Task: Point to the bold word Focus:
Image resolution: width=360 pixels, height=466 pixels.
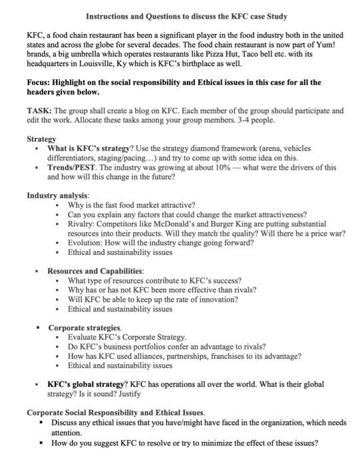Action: click(40, 83)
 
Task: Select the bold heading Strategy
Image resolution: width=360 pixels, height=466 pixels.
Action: click(41, 139)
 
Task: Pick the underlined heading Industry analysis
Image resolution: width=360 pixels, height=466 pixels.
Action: click(57, 196)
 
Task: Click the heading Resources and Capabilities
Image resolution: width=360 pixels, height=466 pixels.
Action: click(95, 272)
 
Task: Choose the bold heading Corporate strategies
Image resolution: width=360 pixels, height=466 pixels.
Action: click(85, 328)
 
